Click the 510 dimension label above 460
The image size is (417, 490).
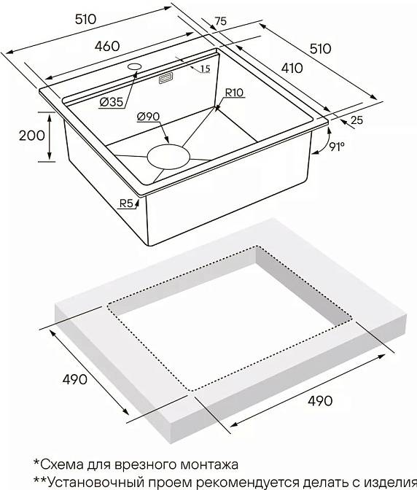(x=85, y=20)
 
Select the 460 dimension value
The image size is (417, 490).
(x=107, y=46)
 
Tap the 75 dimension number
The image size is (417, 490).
(x=220, y=21)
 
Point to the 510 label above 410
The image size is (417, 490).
(x=321, y=49)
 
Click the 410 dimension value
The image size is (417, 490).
(x=292, y=68)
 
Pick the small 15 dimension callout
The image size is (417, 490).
(x=206, y=69)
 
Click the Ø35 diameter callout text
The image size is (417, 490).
(x=112, y=102)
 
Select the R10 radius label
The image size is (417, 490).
(x=234, y=93)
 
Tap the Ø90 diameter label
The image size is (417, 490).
(x=148, y=117)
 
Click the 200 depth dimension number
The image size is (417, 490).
(x=32, y=136)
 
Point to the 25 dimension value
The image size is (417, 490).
(x=357, y=120)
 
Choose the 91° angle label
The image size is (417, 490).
(x=336, y=147)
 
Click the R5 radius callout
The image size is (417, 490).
(x=127, y=203)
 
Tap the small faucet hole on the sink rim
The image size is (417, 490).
(x=135, y=66)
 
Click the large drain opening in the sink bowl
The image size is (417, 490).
(x=168, y=157)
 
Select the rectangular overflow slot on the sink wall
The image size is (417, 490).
(x=166, y=79)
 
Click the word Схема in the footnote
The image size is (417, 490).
(x=60, y=464)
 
